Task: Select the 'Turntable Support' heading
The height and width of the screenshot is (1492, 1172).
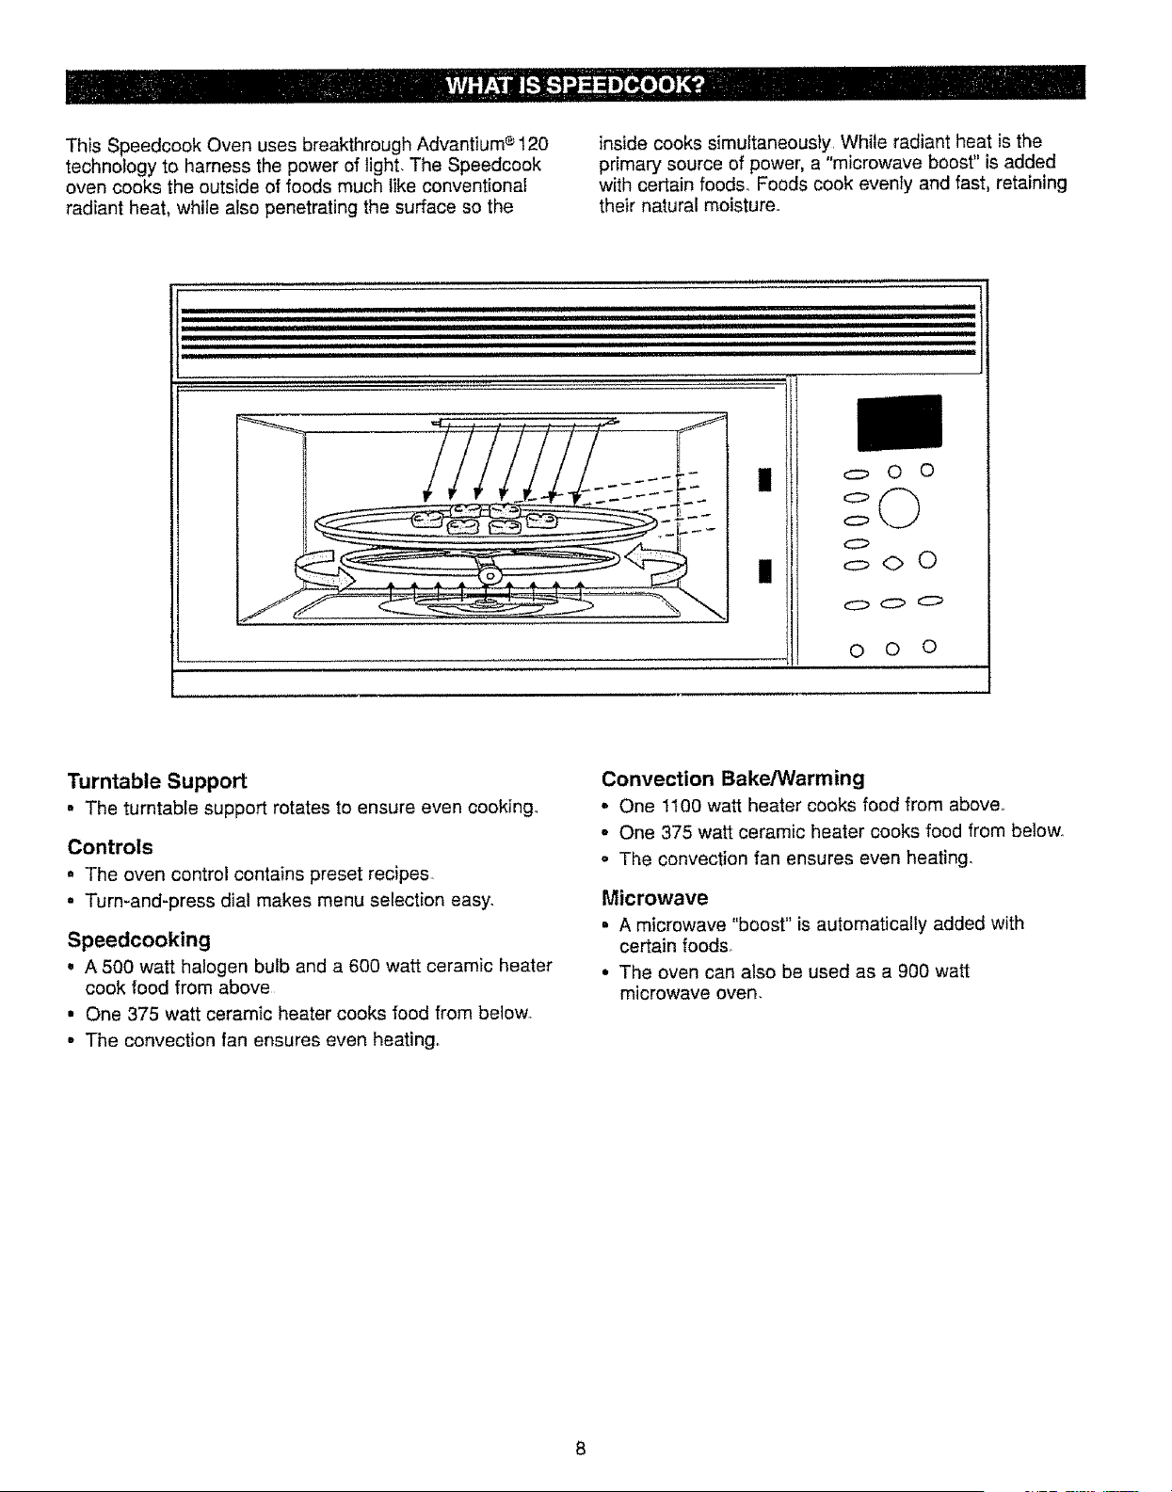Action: (157, 780)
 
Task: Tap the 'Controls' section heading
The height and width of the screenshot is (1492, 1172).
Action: (110, 846)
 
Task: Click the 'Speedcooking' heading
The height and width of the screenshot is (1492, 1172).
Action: (138, 939)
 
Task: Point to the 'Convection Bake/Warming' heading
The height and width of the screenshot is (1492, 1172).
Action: (732, 778)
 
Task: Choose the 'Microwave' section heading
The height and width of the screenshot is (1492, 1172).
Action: (654, 897)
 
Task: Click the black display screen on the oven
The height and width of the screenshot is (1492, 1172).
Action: (899, 423)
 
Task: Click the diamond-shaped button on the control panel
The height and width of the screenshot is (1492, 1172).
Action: (891, 564)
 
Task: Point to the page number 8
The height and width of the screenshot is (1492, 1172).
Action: (580, 1448)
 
